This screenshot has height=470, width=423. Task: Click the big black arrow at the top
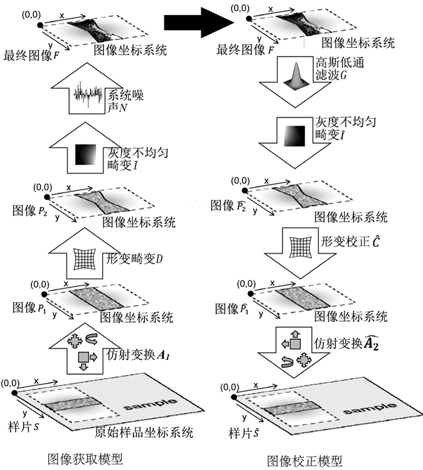[199, 24]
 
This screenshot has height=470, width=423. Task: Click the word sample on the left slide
[150, 402]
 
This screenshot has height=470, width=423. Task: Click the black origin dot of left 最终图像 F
[40, 25]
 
